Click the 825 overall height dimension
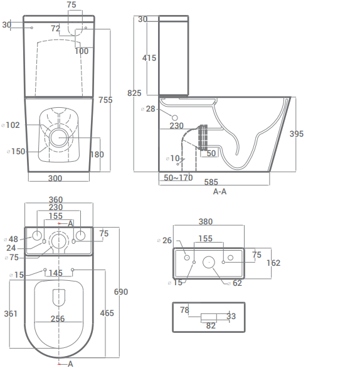point(134,93)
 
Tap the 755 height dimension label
point(105,100)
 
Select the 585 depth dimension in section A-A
point(211,182)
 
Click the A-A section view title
point(220,191)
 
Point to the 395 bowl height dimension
point(297,134)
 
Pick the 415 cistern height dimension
point(149,58)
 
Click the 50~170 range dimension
point(178,177)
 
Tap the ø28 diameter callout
point(148,109)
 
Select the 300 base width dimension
point(55,179)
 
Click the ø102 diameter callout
point(11,125)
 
